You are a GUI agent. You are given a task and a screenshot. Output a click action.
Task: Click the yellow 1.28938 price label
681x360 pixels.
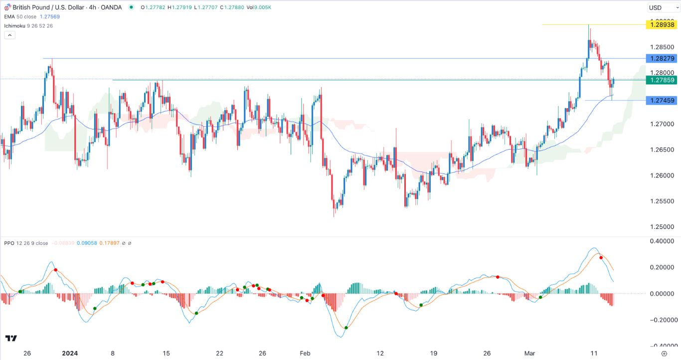(661, 24)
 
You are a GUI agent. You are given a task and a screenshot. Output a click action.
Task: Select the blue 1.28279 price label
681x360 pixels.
(661, 58)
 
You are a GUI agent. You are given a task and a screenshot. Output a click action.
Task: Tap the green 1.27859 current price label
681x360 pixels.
(661, 80)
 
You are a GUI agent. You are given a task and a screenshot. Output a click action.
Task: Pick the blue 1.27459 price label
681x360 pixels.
(661, 100)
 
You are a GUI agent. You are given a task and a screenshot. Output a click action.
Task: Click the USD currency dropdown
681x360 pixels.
(661, 7)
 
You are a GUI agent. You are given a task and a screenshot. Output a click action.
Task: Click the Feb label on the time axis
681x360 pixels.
(305, 353)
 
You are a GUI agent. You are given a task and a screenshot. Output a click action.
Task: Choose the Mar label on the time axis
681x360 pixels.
(530, 353)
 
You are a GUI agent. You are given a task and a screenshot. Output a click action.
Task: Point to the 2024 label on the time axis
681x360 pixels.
(70, 353)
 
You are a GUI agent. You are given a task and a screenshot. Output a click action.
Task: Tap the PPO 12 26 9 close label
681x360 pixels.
(26, 243)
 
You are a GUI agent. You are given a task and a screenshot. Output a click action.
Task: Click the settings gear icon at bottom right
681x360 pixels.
(664, 353)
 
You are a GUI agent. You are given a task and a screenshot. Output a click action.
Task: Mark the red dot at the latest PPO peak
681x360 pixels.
(601, 258)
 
